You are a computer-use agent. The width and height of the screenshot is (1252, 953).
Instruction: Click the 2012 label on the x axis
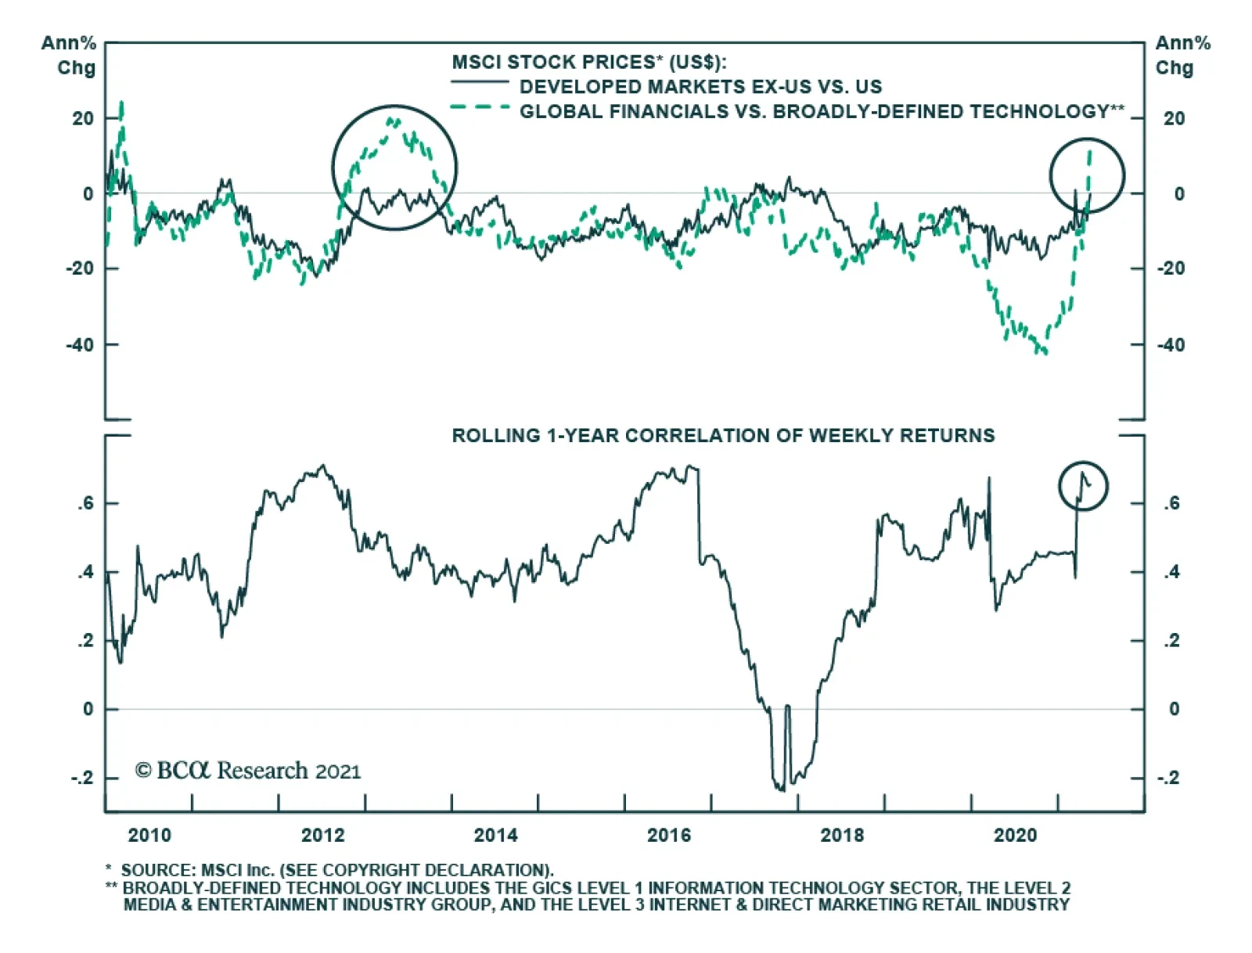coord(322,836)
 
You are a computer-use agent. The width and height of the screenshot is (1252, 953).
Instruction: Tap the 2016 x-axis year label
coord(669,836)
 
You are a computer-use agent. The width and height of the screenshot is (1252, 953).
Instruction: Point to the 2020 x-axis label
coord(1015,836)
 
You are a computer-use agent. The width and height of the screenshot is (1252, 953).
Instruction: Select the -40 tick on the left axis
coord(80,345)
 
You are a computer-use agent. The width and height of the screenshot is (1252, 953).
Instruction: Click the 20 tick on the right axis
coord(1174,119)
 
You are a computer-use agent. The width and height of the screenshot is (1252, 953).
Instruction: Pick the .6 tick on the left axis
coord(85,504)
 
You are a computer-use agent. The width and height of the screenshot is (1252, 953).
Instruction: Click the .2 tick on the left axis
coord(85,641)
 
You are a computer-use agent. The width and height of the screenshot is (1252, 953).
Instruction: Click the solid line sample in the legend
coord(479,81)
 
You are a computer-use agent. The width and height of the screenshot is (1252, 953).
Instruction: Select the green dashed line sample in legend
coord(479,107)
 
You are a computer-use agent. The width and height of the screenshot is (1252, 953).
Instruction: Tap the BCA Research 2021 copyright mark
coord(248,771)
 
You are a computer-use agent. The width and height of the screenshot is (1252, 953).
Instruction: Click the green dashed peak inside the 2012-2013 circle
coord(394,120)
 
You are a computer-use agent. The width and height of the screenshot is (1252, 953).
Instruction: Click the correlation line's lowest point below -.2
coord(781,789)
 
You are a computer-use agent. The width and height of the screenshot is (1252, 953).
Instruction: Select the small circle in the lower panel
coord(1083,486)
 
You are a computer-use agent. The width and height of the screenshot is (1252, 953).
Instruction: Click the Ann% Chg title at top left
coord(70,55)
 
